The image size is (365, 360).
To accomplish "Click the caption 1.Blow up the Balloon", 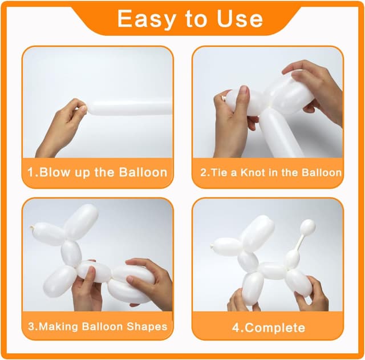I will tap(98, 172).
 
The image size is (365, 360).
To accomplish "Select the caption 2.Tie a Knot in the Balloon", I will tap(271, 172).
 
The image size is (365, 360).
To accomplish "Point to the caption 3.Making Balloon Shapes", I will tap(98, 327).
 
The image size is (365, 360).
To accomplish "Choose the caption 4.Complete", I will tap(268, 327).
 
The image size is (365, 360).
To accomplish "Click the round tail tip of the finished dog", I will tap(307, 227).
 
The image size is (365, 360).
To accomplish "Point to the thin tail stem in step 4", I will tap(299, 242).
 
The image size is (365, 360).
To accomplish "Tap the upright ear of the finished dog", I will tap(258, 232).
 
